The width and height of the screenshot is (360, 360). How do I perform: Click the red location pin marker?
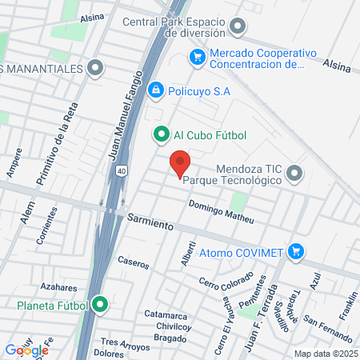coord(180,163)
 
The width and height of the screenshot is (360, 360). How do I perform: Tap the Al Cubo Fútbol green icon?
coord(162,134)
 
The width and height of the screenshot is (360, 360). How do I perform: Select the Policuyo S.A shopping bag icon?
coord(156,91)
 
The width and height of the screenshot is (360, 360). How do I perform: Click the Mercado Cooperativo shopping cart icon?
coord(196,57)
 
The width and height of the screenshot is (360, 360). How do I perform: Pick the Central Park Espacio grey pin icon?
coord(237,26)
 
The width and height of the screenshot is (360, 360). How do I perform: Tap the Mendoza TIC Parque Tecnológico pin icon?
coord(294,173)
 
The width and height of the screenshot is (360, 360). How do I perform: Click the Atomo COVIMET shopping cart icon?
coord(297,252)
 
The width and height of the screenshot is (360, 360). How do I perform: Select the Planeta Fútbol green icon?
coord(100,304)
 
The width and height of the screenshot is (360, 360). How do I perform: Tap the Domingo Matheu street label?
coord(221,212)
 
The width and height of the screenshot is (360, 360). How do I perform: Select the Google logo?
coord(26,350)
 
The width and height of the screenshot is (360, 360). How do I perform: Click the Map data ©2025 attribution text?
coord(325,354)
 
